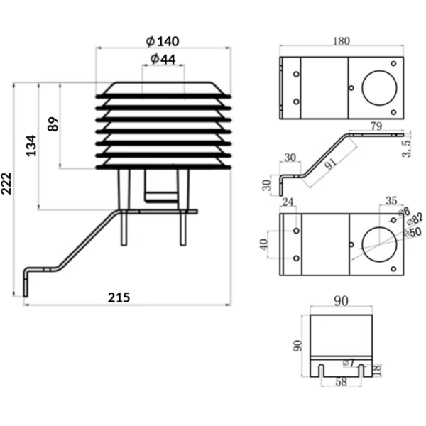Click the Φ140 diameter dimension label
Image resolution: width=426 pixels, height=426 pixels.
(x=163, y=41)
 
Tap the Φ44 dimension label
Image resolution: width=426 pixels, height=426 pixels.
(x=163, y=59)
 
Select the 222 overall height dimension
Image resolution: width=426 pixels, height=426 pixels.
(x=6, y=184)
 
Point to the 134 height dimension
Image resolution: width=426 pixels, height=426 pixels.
(x=31, y=146)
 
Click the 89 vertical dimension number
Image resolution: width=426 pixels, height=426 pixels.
(x=53, y=124)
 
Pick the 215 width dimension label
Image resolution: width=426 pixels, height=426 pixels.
(x=119, y=297)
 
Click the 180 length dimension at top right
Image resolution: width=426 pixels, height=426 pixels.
(x=342, y=41)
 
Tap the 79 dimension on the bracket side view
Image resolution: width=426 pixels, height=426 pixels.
(x=376, y=126)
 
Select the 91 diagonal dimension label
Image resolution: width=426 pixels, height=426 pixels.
(x=331, y=163)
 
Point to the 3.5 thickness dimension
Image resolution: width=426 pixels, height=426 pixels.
(x=406, y=148)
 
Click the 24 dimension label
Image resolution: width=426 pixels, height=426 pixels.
(x=288, y=202)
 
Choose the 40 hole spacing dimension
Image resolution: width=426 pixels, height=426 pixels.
(x=264, y=244)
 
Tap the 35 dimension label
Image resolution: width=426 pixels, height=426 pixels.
(x=391, y=201)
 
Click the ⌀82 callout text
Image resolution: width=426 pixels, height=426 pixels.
(x=415, y=219)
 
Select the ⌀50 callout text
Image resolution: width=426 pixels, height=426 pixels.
(x=413, y=233)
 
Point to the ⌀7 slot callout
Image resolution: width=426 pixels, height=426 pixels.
(x=349, y=363)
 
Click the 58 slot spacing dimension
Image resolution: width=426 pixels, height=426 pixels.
(x=342, y=382)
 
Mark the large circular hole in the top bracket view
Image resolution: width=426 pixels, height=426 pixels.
(x=379, y=88)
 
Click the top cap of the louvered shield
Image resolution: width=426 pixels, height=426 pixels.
(x=163, y=88)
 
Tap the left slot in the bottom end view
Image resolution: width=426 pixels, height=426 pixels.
(x=321, y=371)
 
